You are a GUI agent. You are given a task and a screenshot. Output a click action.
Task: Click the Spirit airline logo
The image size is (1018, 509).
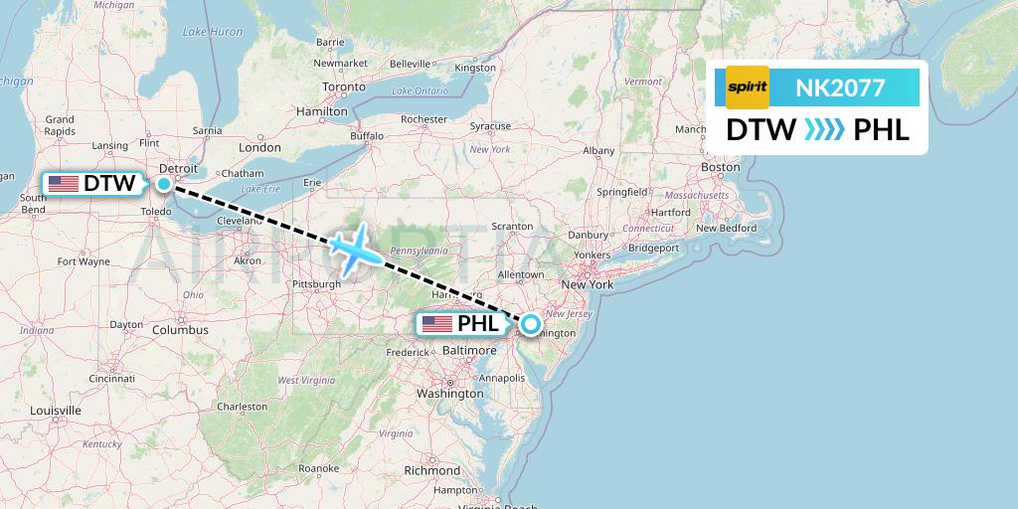click(748, 87)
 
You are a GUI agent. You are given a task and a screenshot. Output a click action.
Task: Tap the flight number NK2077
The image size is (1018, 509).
click(840, 87)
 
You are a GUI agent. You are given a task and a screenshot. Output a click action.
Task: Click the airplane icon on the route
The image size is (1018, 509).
click(349, 248)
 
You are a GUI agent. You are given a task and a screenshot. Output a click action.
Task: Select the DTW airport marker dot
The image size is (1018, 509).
click(163, 183)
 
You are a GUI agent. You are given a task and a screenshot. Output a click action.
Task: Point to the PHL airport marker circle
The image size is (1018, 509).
click(531, 323)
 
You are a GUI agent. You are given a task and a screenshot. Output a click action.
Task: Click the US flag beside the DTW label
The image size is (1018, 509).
click(64, 184)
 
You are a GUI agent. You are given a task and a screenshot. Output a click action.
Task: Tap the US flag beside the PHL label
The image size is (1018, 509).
click(436, 324)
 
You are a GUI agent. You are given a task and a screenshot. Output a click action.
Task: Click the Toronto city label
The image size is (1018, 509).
click(343, 87)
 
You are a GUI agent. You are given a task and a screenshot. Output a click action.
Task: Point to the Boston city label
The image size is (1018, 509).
click(721, 167)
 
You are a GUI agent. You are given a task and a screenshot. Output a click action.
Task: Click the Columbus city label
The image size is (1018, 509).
click(180, 329)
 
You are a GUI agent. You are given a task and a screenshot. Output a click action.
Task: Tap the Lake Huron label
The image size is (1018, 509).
click(212, 32)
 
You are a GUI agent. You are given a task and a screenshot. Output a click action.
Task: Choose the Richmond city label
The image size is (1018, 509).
click(431, 470)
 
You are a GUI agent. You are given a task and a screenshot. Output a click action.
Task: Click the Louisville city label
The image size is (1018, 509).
click(56, 411)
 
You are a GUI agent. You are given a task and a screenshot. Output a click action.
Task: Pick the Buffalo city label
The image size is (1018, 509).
click(366, 135)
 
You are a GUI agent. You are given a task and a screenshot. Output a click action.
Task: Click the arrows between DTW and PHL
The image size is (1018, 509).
click(824, 130)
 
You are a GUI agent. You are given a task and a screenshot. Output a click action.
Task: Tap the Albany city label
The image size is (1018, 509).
click(598, 150)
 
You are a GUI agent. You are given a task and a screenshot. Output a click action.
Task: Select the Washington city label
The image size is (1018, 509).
click(449, 394)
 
